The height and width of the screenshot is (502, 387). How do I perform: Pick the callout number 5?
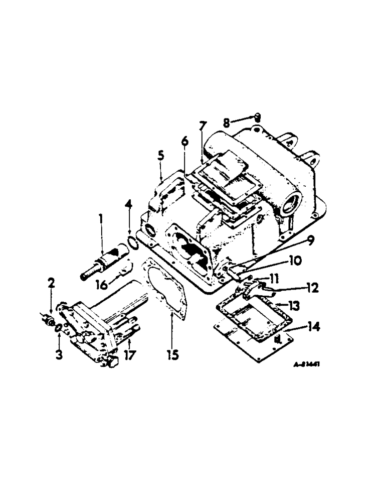point(160,156)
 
